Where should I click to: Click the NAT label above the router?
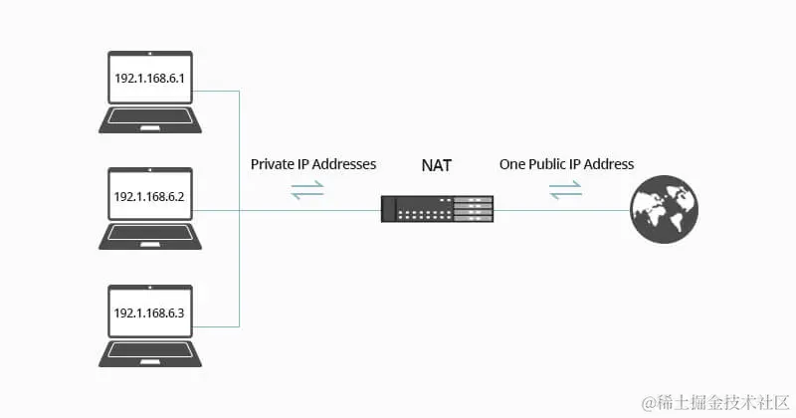pos(437,165)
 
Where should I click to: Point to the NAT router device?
pos(437,209)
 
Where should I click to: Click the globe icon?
pos(664,209)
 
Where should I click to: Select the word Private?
pos(272,164)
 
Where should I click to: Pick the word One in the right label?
pos(511,164)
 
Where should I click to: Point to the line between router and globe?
pos(561,210)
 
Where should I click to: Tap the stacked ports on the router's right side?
pos(473,209)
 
